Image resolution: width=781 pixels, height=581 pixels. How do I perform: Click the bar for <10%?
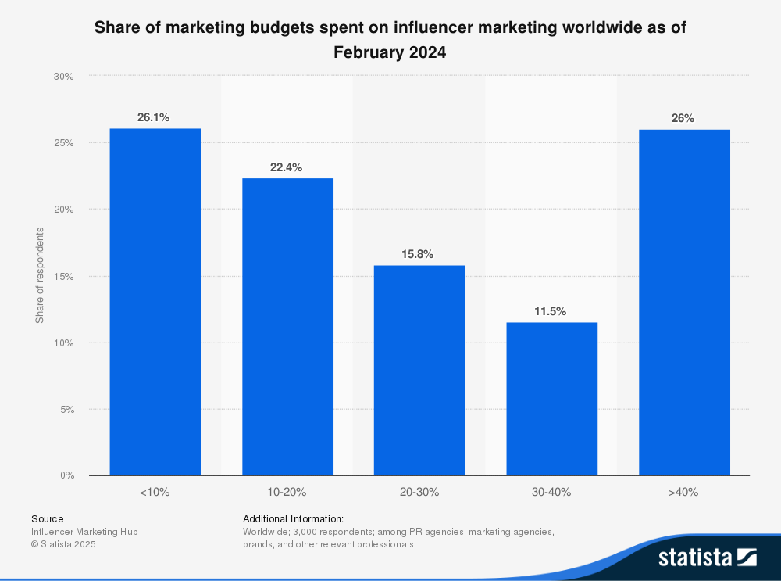pyautogui.click(x=155, y=302)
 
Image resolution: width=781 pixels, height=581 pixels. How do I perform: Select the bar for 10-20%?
pyautogui.click(x=287, y=327)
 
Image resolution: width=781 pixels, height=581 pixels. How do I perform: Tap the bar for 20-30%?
pyautogui.click(x=419, y=370)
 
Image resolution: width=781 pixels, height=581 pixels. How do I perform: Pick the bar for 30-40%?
pyautogui.click(x=551, y=399)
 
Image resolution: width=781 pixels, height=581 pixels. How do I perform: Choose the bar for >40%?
pyautogui.click(x=684, y=303)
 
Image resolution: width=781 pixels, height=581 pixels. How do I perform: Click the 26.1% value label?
pyautogui.click(x=153, y=117)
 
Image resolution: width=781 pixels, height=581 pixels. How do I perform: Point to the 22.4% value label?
pyautogui.click(x=286, y=167)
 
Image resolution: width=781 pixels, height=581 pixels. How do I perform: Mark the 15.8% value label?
pyautogui.click(x=418, y=254)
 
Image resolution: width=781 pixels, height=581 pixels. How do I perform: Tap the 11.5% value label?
pyautogui.click(x=550, y=311)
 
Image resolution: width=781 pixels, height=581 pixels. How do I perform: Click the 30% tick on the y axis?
pyautogui.click(x=63, y=77)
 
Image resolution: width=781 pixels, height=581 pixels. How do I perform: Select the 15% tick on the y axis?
pyautogui.click(x=63, y=276)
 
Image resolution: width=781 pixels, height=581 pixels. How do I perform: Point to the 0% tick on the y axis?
pyautogui.click(x=66, y=475)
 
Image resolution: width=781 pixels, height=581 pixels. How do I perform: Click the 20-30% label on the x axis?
pyautogui.click(x=419, y=493)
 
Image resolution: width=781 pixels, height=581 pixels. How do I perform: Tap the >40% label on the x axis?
pyautogui.click(x=684, y=493)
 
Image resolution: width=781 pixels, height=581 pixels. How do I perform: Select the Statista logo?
pyautogui.click(x=707, y=558)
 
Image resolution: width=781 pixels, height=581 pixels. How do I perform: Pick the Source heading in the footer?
pyautogui.click(x=48, y=518)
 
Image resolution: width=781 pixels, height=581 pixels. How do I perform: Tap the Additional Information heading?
pyautogui.click(x=293, y=518)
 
